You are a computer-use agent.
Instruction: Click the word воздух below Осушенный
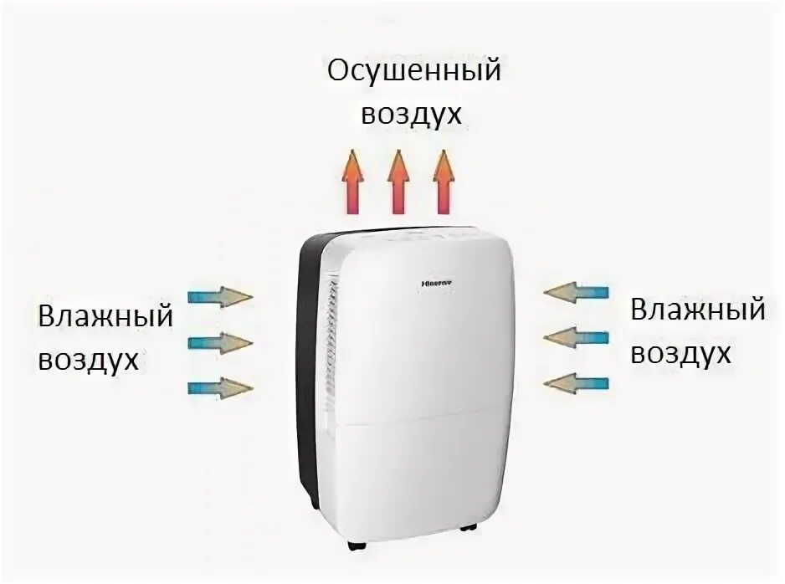click(x=412, y=115)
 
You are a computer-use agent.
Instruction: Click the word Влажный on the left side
click(x=105, y=318)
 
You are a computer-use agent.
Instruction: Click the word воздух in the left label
click(x=88, y=360)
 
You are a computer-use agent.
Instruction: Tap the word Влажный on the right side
click(x=698, y=310)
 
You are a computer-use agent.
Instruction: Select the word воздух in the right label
click(x=681, y=353)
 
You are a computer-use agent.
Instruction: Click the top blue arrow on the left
click(x=220, y=297)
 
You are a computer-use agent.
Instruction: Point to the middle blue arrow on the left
click(x=220, y=342)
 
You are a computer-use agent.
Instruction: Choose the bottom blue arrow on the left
click(x=220, y=387)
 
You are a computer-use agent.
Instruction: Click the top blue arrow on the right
click(x=577, y=292)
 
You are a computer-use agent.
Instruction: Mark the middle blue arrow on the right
click(x=577, y=337)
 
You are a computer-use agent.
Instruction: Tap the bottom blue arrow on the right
click(x=577, y=382)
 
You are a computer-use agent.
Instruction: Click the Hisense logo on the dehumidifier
click(x=435, y=284)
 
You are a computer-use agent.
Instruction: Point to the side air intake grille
click(x=333, y=335)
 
